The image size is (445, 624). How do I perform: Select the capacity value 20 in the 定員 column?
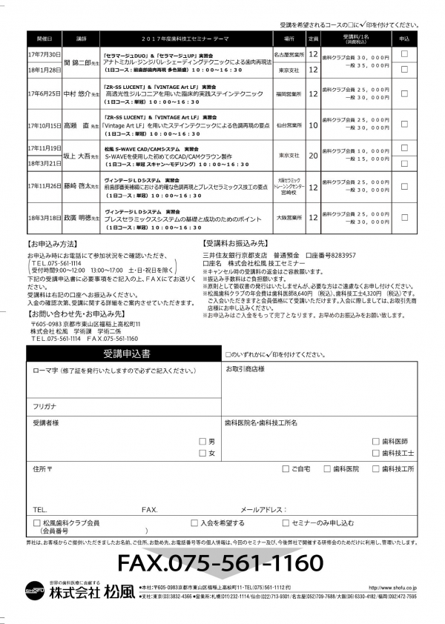tap(313, 156)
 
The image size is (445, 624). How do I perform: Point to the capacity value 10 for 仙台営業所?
tap(313, 125)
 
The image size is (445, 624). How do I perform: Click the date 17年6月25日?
tap(45, 93)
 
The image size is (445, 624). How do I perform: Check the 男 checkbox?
tap(202, 442)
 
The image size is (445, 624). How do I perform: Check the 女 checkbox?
tap(202, 453)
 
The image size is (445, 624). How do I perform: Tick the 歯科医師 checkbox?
tap(376, 442)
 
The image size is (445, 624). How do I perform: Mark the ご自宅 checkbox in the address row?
tap(286, 469)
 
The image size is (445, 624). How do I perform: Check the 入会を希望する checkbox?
tap(195, 522)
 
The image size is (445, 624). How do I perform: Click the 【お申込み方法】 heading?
tap(50, 244)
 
